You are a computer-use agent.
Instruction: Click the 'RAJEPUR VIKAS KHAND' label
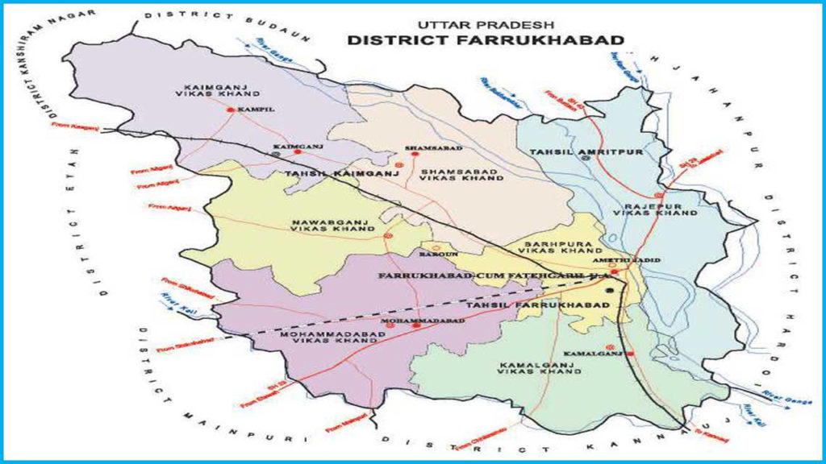pos(655,209)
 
